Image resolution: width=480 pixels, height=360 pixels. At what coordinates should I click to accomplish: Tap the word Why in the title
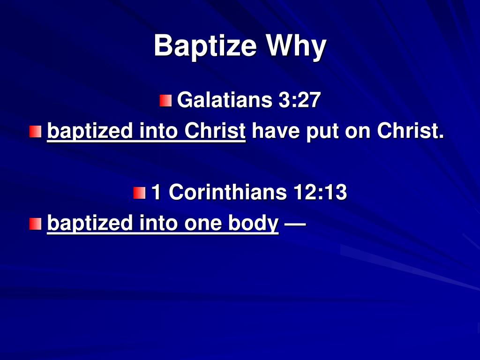296,46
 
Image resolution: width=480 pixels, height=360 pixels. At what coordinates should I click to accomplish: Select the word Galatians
225,100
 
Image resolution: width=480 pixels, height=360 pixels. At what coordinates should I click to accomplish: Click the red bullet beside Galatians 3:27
165,101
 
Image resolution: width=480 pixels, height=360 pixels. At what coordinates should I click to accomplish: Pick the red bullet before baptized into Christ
35,132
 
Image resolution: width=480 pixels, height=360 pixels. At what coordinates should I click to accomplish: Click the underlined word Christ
215,131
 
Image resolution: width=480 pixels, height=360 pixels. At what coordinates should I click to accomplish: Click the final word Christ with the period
410,131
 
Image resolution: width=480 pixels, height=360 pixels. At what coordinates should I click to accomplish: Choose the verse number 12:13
320,193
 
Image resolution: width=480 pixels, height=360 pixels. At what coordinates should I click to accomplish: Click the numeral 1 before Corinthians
157,193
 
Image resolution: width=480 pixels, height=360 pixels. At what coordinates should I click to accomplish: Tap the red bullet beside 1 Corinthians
139,193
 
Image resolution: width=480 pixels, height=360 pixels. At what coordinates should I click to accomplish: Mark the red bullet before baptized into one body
35,224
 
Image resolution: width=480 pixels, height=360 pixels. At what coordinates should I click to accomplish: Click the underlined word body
253,223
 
